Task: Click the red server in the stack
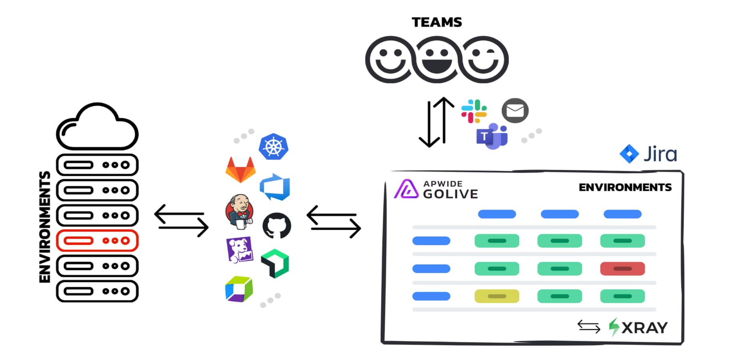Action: [97, 240]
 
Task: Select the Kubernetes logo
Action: [274, 146]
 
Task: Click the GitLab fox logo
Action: [240, 170]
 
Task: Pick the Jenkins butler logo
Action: [240, 212]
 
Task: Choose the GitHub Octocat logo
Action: [276, 226]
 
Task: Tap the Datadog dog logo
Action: [240, 250]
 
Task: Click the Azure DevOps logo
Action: [275, 187]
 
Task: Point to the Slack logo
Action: [474, 111]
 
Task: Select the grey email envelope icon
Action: [515, 110]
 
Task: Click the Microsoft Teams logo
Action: [492, 136]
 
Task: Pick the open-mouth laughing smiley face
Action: [437, 60]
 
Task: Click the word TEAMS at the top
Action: [437, 22]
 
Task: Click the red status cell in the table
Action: [622, 269]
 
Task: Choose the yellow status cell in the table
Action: [497, 296]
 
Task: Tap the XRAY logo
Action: [638, 328]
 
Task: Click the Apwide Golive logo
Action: [436, 189]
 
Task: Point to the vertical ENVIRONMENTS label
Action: [45, 227]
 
